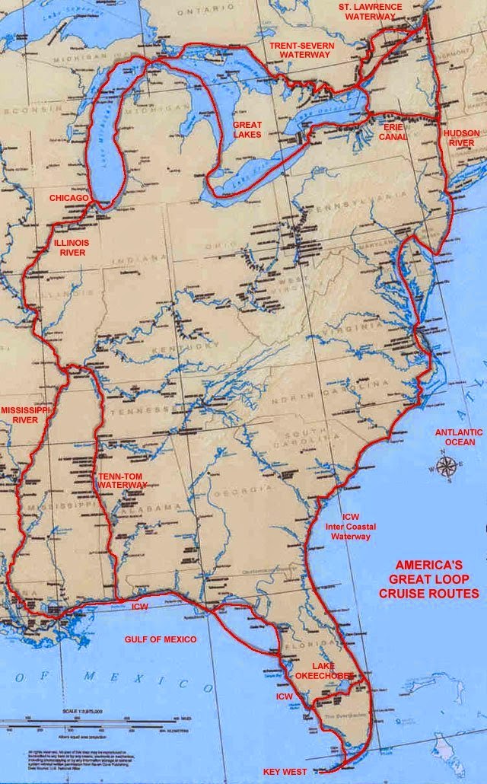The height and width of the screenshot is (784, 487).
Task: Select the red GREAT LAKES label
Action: (247, 129)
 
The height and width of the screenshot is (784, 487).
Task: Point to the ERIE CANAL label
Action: (393, 132)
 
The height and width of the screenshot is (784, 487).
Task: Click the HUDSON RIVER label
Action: (461, 138)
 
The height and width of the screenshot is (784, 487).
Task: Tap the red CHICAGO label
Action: (69, 198)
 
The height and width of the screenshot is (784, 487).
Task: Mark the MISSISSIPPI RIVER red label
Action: (24, 414)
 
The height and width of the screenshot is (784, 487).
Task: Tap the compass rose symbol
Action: (448, 466)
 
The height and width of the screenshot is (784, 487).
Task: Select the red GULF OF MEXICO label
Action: (160, 639)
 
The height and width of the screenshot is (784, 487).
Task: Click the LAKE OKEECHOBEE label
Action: (325, 670)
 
